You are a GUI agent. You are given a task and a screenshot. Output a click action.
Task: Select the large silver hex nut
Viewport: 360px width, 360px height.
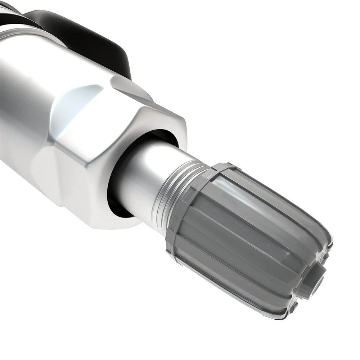point(108,151)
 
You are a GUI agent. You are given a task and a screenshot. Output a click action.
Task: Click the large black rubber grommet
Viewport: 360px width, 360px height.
point(90,36)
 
